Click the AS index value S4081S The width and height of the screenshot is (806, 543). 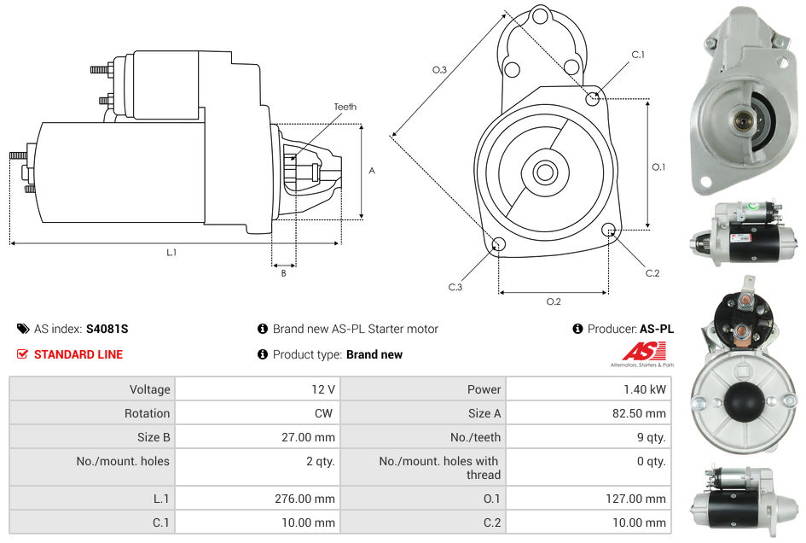point(107,329)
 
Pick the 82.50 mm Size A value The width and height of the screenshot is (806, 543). point(639,413)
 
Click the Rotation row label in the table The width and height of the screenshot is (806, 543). point(147,413)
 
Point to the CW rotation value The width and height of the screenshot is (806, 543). point(324,413)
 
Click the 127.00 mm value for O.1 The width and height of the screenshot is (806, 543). point(636,499)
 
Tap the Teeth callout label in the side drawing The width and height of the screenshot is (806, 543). point(345,107)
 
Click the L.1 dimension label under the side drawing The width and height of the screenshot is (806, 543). point(171,252)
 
